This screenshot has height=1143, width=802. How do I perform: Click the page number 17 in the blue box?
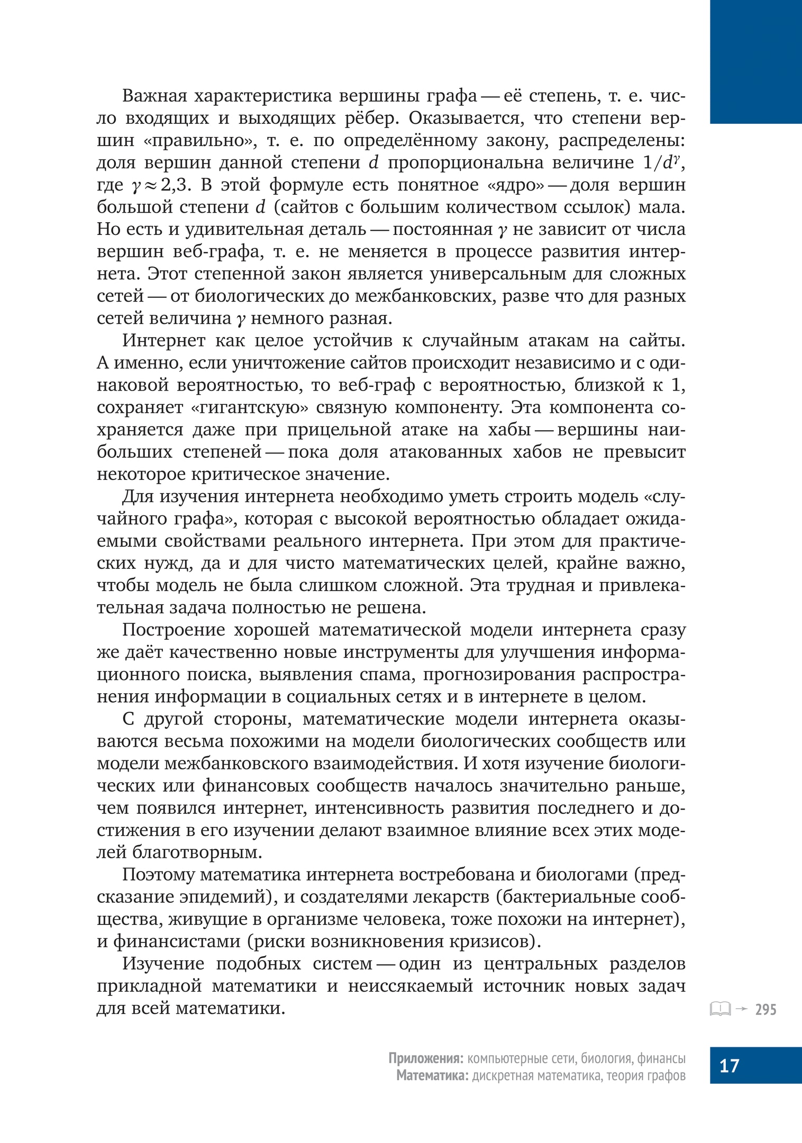[x=729, y=1065]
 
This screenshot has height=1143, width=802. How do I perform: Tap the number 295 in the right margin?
[x=765, y=1010]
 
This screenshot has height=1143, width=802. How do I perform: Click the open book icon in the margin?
[x=719, y=1009]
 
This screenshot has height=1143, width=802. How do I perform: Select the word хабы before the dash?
[x=509, y=430]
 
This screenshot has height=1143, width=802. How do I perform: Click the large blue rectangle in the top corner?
[x=755, y=62]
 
